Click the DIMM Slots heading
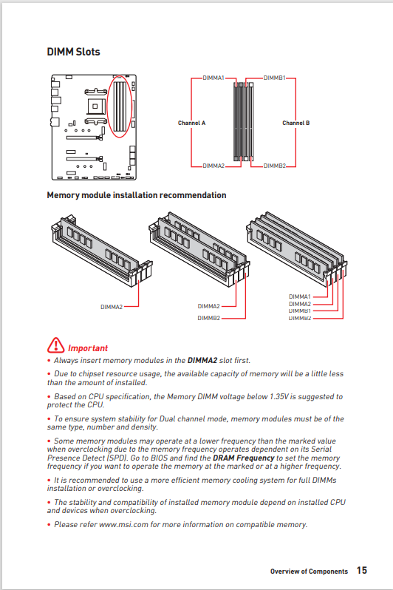coord(73,52)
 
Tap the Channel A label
coord(191,123)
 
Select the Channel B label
coord(295,123)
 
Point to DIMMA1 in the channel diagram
coord(213,77)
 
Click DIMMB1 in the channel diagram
coord(274,77)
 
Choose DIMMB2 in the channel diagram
coord(274,166)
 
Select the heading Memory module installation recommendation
coord(136,195)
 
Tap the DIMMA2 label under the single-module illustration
coord(112,306)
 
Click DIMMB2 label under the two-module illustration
coord(208,318)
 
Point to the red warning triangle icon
coord(56,346)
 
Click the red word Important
coord(88,347)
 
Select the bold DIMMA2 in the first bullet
coord(202,361)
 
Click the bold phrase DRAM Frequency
coord(244,458)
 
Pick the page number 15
coord(362,571)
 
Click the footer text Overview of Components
coord(308,572)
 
